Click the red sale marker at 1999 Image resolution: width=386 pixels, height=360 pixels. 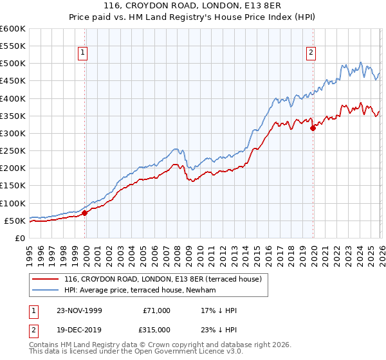85,213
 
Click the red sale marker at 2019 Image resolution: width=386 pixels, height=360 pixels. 313,128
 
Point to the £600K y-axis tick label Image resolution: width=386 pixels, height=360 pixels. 13,29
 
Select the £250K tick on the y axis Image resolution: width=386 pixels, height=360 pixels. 13,151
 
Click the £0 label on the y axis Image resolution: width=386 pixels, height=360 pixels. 19,238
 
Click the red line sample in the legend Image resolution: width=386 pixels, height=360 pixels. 47,280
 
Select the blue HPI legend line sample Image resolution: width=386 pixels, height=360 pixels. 47,291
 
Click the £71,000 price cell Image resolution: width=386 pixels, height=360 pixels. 157,310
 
